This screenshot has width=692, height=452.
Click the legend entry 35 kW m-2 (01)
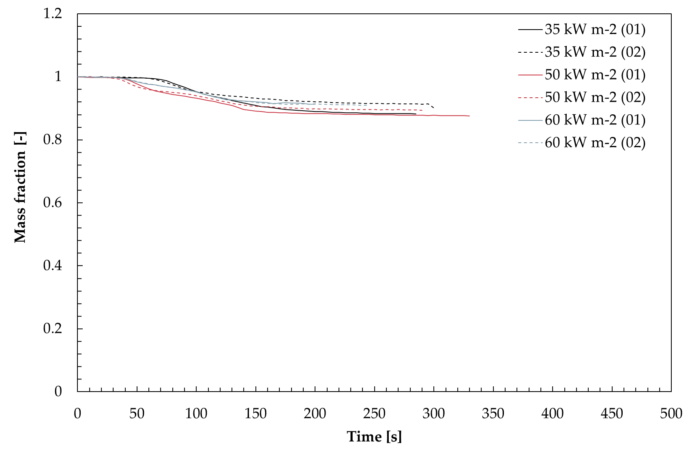[x=582, y=30]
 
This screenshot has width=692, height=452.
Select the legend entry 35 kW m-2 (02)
[x=582, y=52]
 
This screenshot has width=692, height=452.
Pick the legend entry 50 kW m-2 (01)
[x=582, y=75]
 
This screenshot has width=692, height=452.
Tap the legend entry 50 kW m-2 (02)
[x=582, y=97]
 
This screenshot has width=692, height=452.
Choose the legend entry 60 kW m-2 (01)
[x=582, y=120]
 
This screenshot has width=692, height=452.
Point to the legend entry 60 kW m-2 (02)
[x=582, y=142]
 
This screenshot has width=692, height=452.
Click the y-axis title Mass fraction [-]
[x=20, y=188]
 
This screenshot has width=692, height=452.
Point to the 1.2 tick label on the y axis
[x=53, y=14]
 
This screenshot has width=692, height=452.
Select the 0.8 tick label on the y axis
[x=53, y=139]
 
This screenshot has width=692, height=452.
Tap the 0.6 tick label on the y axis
[x=53, y=203]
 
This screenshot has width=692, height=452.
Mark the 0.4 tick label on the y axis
[x=53, y=266]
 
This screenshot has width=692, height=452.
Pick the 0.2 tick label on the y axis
[x=53, y=329]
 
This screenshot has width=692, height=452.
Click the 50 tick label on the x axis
[x=137, y=413]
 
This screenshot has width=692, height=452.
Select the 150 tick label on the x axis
[x=255, y=413]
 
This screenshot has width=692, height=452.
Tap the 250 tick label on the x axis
[x=375, y=413]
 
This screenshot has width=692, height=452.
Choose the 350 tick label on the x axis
[x=493, y=413]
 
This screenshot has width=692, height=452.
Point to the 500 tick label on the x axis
[x=671, y=413]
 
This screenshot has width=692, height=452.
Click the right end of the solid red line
[x=469, y=116]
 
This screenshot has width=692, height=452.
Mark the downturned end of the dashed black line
[x=434, y=107]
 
